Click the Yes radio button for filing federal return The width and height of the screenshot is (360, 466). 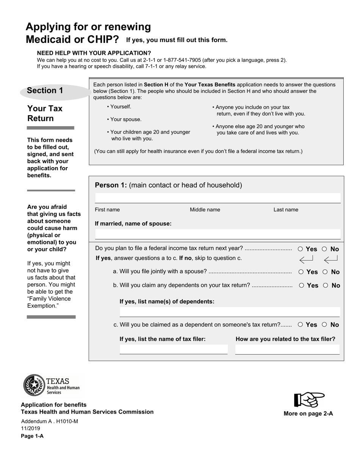click(x=301, y=249)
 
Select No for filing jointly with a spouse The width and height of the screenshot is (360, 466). click(x=326, y=272)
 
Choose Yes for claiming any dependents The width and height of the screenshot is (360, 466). click(x=302, y=285)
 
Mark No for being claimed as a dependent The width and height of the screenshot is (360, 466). click(x=325, y=324)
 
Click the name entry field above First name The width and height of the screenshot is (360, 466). click(x=218, y=198)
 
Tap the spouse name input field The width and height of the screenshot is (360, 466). click(x=218, y=234)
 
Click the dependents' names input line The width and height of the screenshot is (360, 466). click(x=230, y=312)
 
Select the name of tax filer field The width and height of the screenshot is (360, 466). click(x=174, y=349)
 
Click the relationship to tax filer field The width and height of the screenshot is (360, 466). click(x=287, y=349)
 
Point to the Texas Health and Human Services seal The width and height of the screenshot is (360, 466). click(x=34, y=385)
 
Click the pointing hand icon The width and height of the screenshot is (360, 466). click(x=309, y=400)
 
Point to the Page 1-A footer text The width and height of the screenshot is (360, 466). click(x=32, y=436)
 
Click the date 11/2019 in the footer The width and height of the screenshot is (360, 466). click(x=31, y=428)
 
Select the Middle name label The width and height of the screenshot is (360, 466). click(x=205, y=210)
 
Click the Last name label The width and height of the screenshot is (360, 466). click(x=286, y=210)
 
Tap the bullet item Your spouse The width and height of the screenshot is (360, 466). click(x=124, y=119)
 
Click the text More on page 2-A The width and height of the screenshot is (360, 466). click(x=308, y=413)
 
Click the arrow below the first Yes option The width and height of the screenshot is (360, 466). click(x=306, y=260)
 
